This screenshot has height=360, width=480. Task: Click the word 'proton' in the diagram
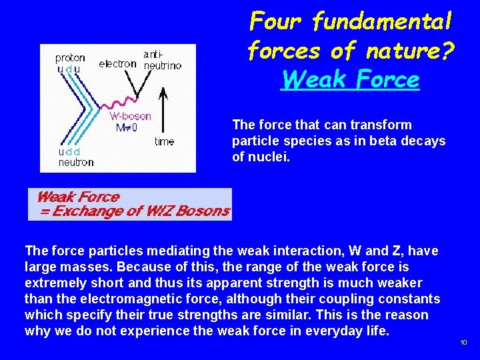70,58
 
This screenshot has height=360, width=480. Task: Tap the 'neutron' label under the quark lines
76,161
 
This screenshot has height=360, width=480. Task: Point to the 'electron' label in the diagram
117,65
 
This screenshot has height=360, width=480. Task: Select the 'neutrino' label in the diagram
164,65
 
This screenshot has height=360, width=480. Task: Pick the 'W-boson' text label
130,116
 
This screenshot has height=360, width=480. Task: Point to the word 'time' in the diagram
164,141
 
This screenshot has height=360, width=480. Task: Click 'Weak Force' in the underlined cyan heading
351,80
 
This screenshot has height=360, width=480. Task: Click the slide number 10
463,343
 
